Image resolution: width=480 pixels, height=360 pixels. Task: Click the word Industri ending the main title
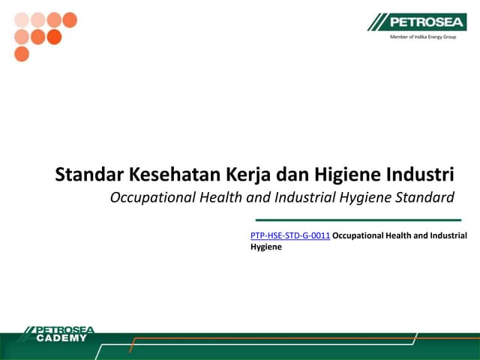tap(421, 175)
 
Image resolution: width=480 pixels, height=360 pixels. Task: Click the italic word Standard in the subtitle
tap(424, 198)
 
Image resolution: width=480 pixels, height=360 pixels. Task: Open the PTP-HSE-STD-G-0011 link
tap(290, 236)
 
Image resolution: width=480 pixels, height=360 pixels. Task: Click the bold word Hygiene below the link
tap(265, 247)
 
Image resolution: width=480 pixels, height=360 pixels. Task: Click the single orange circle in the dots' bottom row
tap(22, 54)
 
